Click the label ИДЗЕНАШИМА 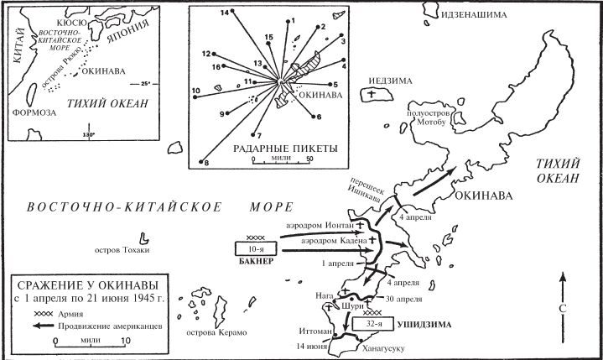pyautogui.click(x=474, y=15)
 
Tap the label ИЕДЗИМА pyautogui.click(x=390, y=81)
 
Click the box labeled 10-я pyautogui.click(x=256, y=249)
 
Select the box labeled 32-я pyautogui.click(x=373, y=324)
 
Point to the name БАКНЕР pyautogui.click(x=256, y=262)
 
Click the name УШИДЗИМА pyautogui.click(x=424, y=325)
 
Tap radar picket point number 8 pyautogui.click(x=200, y=162)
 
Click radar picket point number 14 pyautogui.click(x=232, y=11)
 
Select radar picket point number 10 pyautogui.click(x=195, y=97)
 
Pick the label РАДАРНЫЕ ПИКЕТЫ pyautogui.click(x=285, y=149)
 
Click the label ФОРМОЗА pyautogui.click(x=34, y=112)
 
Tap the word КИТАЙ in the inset pyautogui.click(x=19, y=45)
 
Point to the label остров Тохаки pyautogui.click(x=122, y=250)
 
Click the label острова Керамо pyautogui.click(x=216, y=332)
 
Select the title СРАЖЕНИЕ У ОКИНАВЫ pyautogui.click(x=88, y=286)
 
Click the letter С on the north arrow pyautogui.click(x=563, y=309)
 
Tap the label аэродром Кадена pyautogui.click(x=334, y=241)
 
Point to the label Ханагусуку pyautogui.click(x=383, y=348)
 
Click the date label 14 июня pyautogui.click(x=311, y=346)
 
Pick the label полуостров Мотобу pyautogui.click(x=429, y=118)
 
